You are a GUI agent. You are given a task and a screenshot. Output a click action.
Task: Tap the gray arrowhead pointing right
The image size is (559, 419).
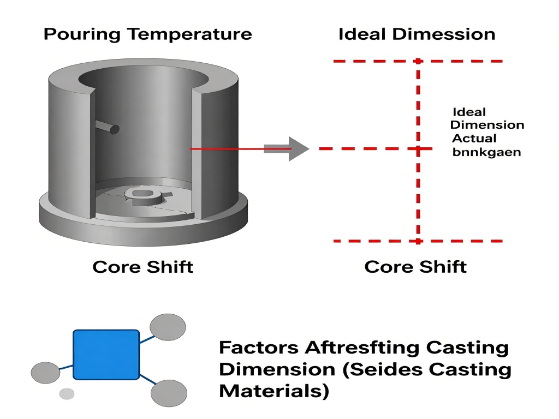click(298, 148)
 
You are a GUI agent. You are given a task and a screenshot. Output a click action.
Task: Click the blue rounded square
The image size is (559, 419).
click(106, 354)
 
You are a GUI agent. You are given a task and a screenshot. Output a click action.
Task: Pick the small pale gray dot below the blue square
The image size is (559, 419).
click(67, 393)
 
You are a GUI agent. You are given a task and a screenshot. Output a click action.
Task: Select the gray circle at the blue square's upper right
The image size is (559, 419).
click(168, 327)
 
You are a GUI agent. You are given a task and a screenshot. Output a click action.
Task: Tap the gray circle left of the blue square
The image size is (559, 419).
click(45, 373)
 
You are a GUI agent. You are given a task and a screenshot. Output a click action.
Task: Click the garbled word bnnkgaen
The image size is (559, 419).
click(486, 152)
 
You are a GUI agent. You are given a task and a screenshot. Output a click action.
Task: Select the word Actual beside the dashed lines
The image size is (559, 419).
click(474, 139)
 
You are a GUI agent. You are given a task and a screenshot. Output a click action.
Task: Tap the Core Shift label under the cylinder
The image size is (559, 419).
click(142, 267)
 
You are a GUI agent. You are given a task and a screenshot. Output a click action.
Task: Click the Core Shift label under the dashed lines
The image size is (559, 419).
click(415, 267)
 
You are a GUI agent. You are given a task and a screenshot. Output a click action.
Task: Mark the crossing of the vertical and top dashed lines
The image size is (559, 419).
click(418, 61)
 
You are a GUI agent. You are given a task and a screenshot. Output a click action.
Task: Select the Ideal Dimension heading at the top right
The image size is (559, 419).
click(417, 34)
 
